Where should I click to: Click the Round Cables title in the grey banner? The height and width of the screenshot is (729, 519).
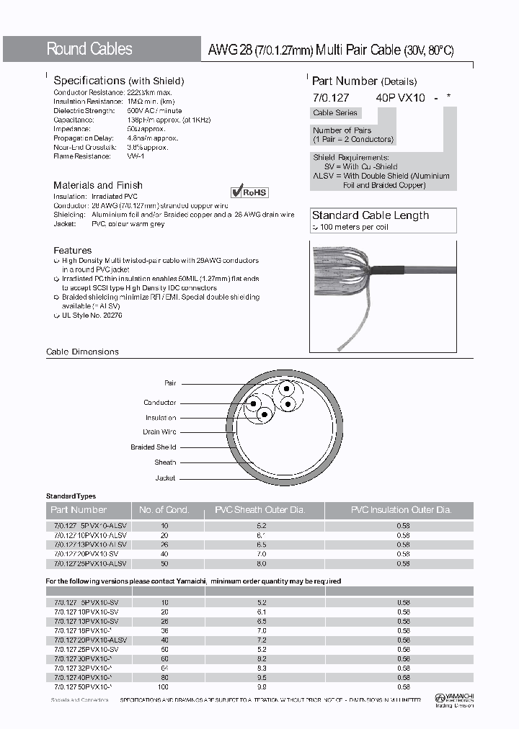coord(89,49)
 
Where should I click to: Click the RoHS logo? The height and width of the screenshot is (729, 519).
coord(249,192)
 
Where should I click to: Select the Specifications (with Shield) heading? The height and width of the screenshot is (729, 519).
coord(119,81)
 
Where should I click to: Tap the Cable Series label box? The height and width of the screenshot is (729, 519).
coord(334,113)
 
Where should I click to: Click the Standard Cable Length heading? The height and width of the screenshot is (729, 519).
coord(370,215)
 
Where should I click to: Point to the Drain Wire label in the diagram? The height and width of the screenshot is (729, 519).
coord(159,432)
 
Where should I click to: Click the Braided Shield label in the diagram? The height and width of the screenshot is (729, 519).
coord(153,447)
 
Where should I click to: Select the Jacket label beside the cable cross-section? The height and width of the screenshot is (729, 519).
coord(165,478)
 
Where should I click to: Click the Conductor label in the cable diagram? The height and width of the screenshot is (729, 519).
coord(159,403)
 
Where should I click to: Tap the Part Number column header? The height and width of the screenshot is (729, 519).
coord(79,510)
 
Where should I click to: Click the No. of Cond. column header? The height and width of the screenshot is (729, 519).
coord(164,510)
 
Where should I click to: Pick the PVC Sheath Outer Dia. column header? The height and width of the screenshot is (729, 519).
coord(260,510)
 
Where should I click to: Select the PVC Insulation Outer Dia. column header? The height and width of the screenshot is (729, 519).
coord(401,510)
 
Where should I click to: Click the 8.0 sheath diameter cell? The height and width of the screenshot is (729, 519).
coord(261,564)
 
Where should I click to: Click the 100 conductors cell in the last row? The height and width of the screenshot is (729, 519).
coord(164,686)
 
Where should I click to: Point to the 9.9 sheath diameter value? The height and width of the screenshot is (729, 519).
coord(261,686)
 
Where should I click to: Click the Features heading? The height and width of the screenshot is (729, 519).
coord(73,250)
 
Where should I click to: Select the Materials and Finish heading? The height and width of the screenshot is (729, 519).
coord(98,185)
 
